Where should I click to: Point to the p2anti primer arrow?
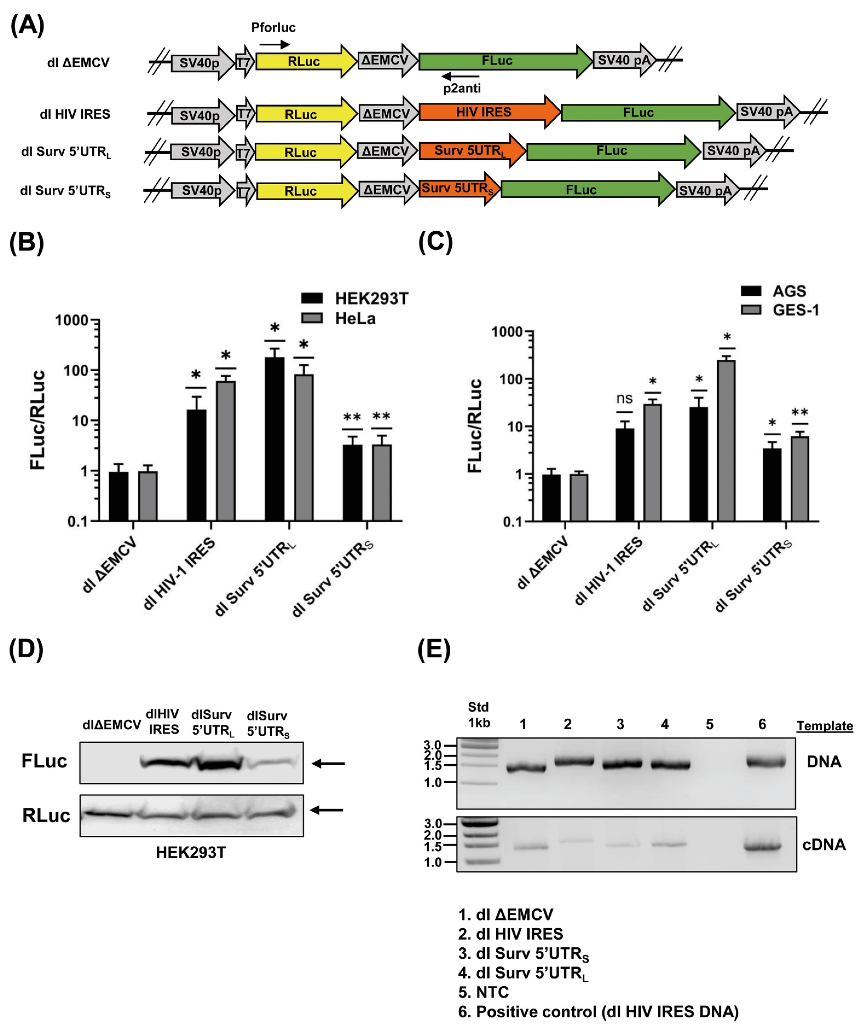pos(461,76)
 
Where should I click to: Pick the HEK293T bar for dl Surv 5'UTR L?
pos(274,438)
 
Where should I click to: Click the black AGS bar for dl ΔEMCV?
pos(551,497)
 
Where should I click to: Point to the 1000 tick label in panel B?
pos(71,320)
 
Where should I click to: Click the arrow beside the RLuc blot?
pos(327,811)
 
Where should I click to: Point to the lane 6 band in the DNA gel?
pos(765,762)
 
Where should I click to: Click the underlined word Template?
pos(824,726)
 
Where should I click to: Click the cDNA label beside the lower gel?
pos(824,845)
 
